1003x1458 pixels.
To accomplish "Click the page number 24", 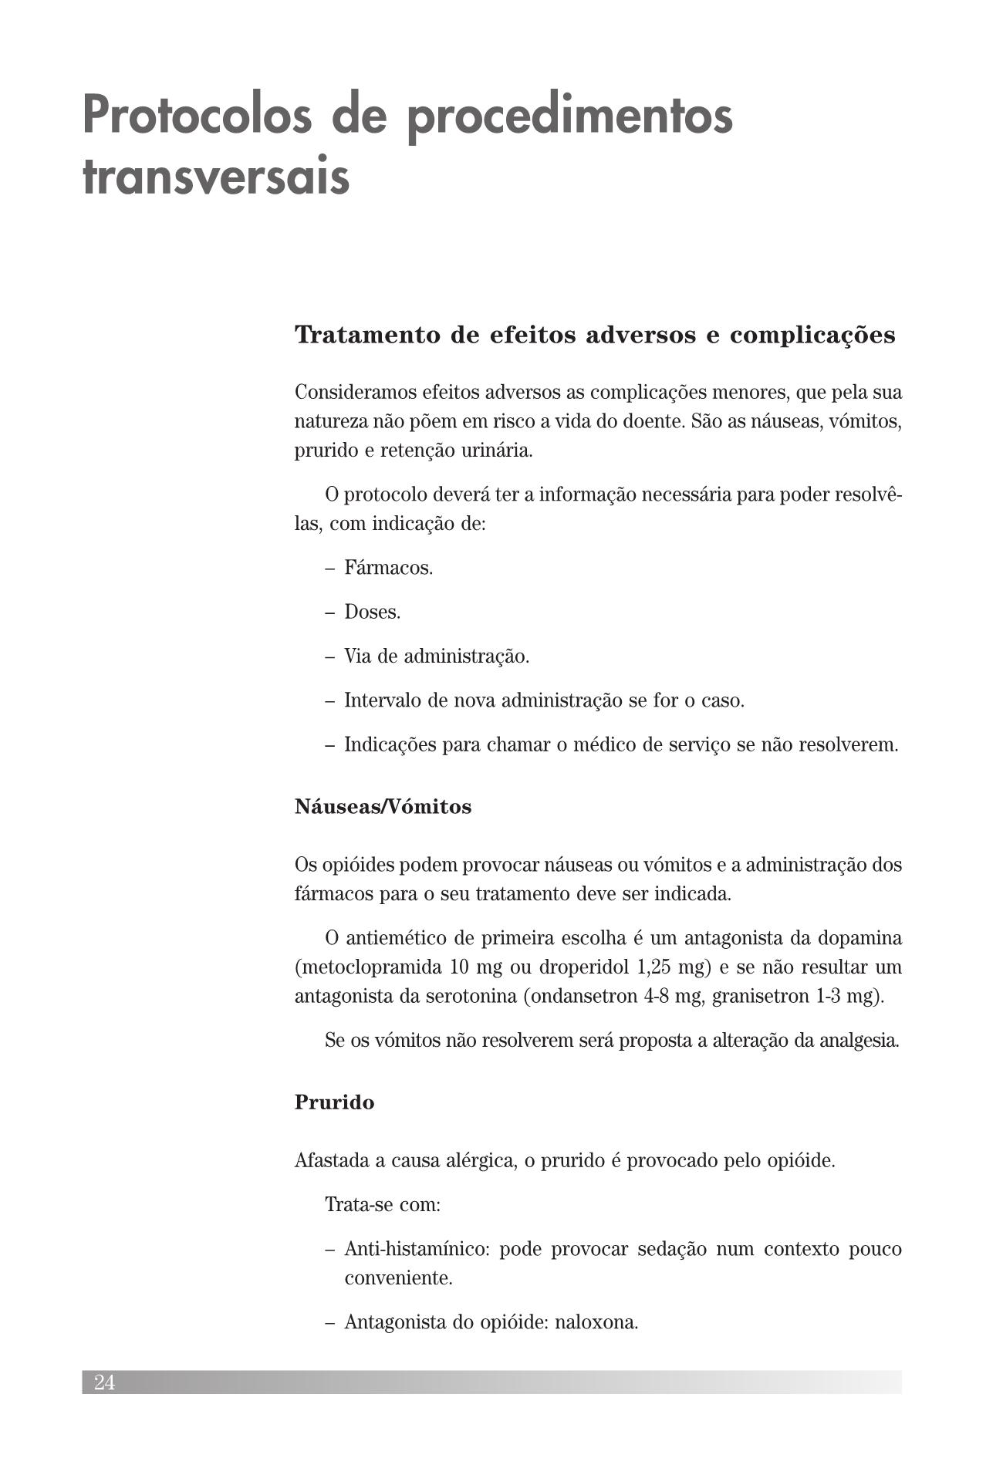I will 105,1382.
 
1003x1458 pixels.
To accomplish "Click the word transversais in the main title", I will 216,177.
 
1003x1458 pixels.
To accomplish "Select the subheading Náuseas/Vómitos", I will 383,807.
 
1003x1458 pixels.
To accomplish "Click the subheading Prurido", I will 334,1102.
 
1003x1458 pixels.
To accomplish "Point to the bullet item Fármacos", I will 388,568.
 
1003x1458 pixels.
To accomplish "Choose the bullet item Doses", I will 372,613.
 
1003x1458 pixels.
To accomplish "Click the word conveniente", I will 398,1277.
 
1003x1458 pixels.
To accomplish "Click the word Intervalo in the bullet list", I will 382,700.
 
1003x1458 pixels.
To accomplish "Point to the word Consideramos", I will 354,392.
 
